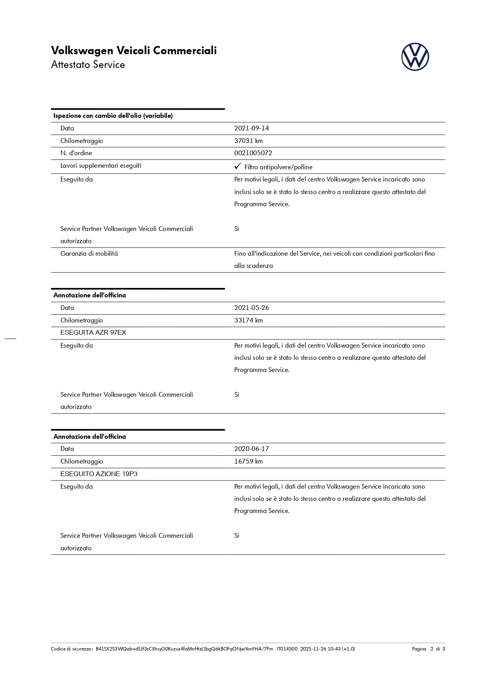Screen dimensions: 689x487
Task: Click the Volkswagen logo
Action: [x=415, y=57]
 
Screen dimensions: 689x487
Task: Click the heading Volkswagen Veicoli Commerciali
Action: [x=134, y=51]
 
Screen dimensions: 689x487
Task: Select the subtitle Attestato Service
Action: [x=88, y=65]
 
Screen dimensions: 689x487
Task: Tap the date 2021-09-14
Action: [x=252, y=128]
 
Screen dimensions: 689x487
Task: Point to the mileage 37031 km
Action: [x=248, y=141]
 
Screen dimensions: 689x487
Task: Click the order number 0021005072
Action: [x=253, y=153]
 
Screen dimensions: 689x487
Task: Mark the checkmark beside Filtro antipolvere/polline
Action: [x=237, y=167]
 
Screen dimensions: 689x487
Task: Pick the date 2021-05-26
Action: [x=252, y=308]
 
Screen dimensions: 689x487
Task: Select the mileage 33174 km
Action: [x=248, y=320]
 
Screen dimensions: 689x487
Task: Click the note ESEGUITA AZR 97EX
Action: [x=93, y=333]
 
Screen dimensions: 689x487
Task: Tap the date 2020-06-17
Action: [x=252, y=449]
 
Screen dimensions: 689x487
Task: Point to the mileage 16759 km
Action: [x=248, y=461]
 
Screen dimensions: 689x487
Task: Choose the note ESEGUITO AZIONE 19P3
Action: [x=99, y=474]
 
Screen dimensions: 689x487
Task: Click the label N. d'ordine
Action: [x=76, y=153]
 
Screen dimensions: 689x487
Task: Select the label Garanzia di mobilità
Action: [x=89, y=253]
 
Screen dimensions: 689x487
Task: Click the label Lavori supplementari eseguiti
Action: [x=101, y=165]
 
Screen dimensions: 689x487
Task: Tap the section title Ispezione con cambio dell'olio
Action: [x=113, y=116]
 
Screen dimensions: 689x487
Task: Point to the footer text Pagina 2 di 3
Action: [x=428, y=649]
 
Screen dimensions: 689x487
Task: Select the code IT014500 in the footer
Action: [x=287, y=649]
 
